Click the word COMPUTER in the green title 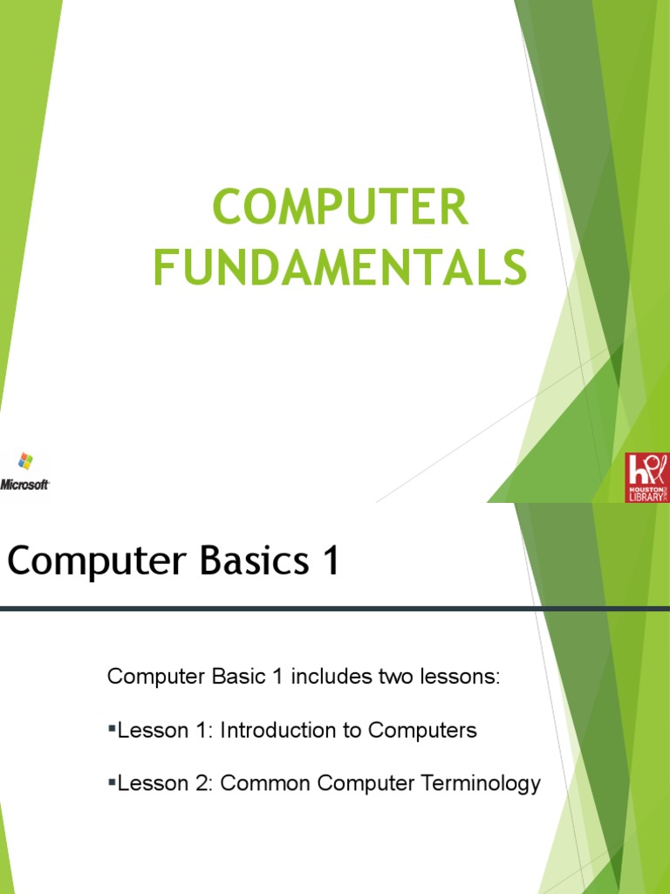point(340,210)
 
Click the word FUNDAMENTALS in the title point(340,267)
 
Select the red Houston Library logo point(646,477)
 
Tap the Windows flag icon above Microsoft point(25,461)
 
